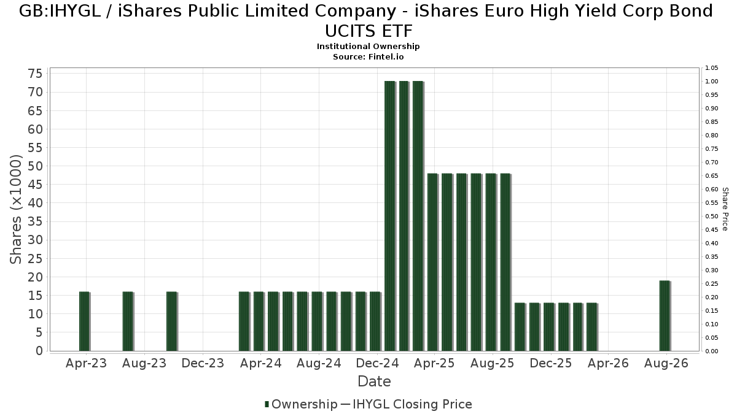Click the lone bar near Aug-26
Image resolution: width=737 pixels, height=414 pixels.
[x=665, y=316]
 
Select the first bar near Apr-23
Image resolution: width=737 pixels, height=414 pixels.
[x=85, y=321]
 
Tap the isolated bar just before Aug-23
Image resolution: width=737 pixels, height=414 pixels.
[x=128, y=321]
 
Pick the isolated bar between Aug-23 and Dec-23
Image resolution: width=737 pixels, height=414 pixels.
[x=172, y=321]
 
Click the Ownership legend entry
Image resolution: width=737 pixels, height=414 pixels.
[x=301, y=404]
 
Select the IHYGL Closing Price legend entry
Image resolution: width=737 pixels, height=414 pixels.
[x=407, y=404]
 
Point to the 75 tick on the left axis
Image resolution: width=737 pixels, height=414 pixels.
[x=36, y=74]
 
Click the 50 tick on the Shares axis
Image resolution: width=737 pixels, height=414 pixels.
[x=36, y=166]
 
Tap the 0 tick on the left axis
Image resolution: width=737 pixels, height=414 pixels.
[x=39, y=351]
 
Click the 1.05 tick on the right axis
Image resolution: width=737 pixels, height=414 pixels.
[x=711, y=68]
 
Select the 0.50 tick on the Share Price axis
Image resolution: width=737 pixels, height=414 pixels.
[x=711, y=216]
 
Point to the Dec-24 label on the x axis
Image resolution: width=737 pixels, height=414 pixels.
[x=377, y=363]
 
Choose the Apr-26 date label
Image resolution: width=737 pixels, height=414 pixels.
[x=609, y=363]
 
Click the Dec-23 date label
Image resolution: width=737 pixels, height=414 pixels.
[x=203, y=363]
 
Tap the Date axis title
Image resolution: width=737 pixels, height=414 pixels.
[x=375, y=381]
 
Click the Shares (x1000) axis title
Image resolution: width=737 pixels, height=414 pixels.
[x=15, y=209]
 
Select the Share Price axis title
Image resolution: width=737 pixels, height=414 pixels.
[x=725, y=209]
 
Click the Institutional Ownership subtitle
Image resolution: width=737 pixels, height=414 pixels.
[x=368, y=47]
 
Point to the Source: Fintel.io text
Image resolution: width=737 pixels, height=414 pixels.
[x=368, y=57]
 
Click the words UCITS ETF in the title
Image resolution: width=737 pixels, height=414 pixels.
[x=368, y=31]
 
